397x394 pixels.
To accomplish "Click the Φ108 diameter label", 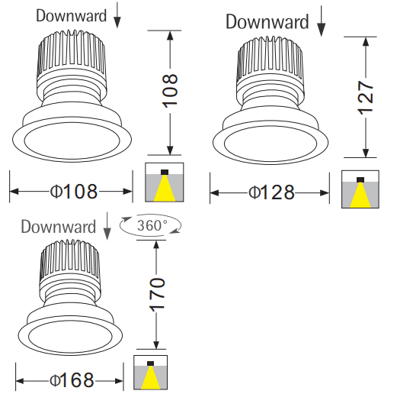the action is pyautogui.click(x=74, y=191).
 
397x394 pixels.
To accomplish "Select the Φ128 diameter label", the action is pyautogui.click(x=271, y=192).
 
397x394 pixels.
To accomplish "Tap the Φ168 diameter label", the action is pyautogui.click(x=72, y=380).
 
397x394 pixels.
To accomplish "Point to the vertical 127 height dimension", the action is pyautogui.click(x=366, y=98).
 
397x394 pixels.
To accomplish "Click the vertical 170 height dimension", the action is pyautogui.click(x=157, y=295).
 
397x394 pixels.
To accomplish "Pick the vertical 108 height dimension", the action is pyautogui.click(x=170, y=90).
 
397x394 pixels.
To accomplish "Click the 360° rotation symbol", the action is pyautogui.click(x=150, y=225).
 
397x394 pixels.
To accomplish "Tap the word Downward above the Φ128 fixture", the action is pyautogui.click(x=267, y=22).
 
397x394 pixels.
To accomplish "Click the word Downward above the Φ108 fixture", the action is pyautogui.click(x=71, y=16).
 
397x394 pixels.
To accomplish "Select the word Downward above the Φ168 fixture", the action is pyautogui.click(x=58, y=227).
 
